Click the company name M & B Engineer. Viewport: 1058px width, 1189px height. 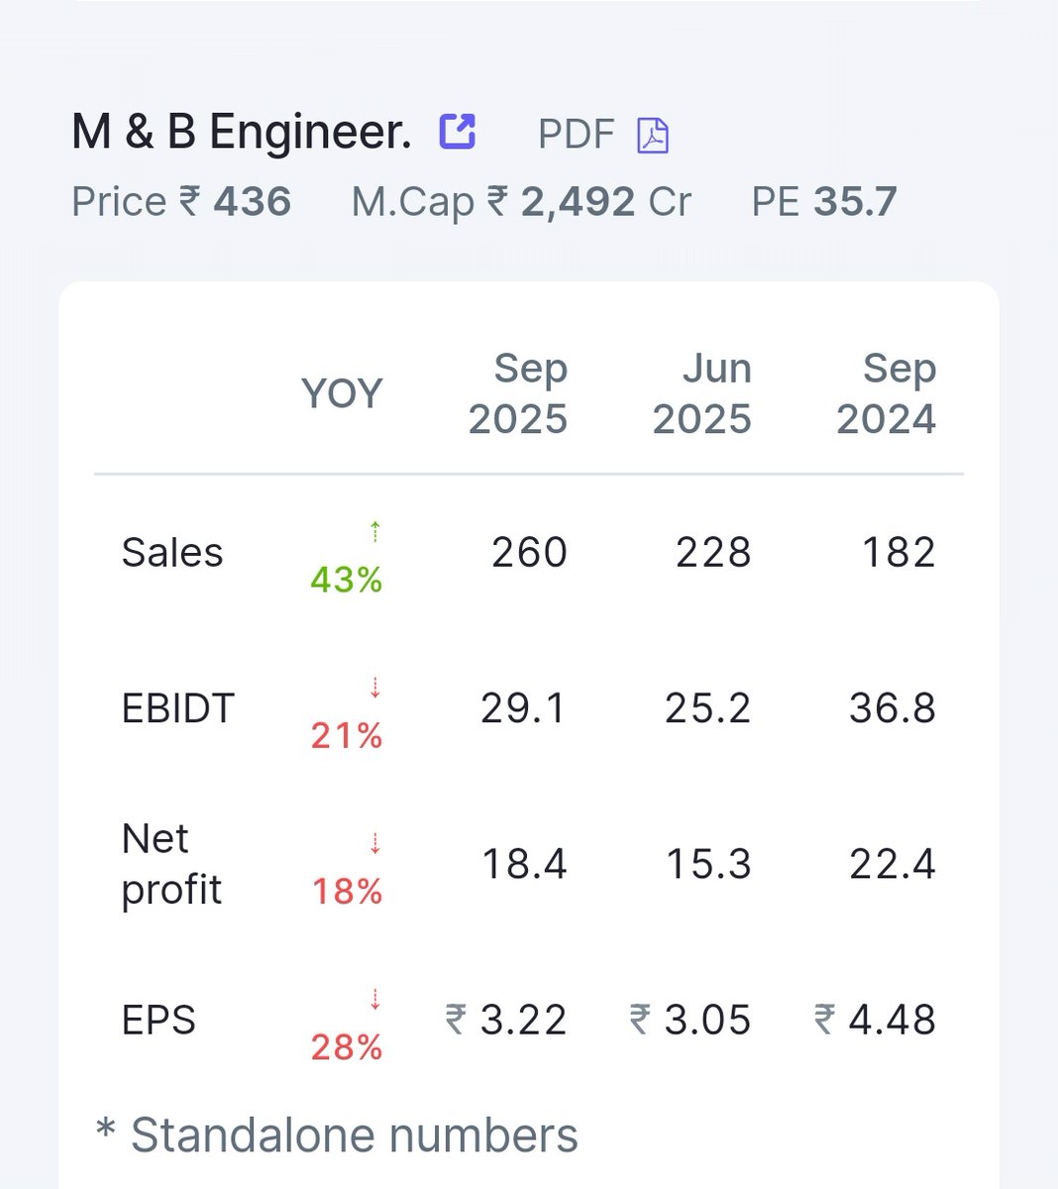[x=241, y=132]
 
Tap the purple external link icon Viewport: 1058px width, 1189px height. [x=458, y=131]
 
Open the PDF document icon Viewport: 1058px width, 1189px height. [x=652, y=135]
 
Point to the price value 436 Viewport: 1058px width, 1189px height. [x=253, y=202]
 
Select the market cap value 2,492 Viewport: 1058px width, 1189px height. [x=578, y=202]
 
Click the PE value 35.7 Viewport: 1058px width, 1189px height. [x=855, y=202]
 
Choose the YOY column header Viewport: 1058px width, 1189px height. [x=342, y=393]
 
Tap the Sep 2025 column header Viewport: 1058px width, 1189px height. [x=518, y=393]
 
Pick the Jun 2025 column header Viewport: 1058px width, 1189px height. [x=702, y=393]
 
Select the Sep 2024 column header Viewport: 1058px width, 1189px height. [x=887, y=393]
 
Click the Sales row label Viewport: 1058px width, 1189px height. [x=172, y=553]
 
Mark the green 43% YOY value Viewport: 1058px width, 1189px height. [x=347, y=580]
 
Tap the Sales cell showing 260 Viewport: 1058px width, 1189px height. [x=530, y=553]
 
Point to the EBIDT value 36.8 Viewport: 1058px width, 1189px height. [x=893, y=708]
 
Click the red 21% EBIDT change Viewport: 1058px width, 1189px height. [x=347, y=735]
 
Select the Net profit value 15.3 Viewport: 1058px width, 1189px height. [x=708, y=864]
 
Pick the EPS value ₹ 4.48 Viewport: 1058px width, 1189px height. [x=876, y=1020]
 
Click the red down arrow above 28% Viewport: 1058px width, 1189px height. [x=375, y=999]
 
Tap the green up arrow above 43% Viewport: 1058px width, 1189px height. [x=375, y=532]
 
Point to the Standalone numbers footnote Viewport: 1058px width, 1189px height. [x=337, y=1135]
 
